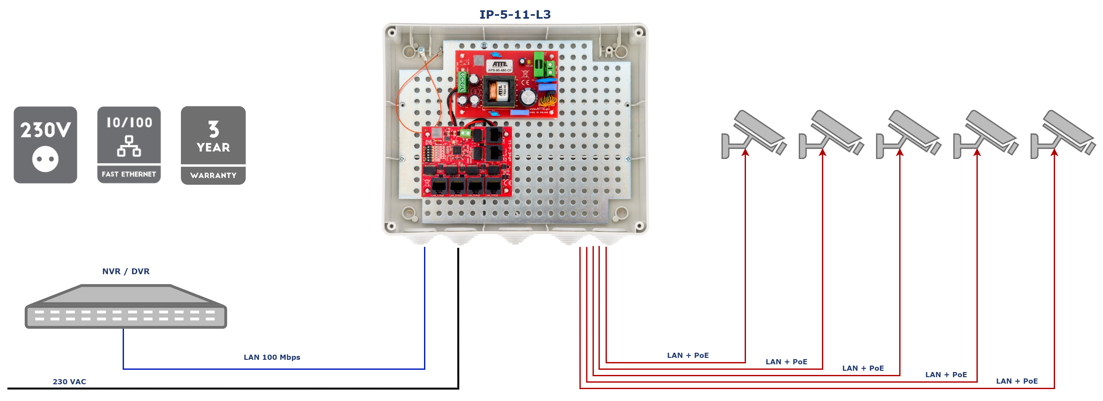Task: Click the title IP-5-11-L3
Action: (x=515, y=14)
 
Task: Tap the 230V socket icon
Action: (x=45, y=145)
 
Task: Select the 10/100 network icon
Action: (x=129, y=145)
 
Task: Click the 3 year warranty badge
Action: (x=213, y=145)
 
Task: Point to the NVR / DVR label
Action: (x=126, y=271)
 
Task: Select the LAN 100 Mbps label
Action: (x=272, y=357)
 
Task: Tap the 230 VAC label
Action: (x=69, y=381)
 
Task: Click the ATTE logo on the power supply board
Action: (x=499, y=64)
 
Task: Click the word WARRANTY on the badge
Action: (x=213, y=175)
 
